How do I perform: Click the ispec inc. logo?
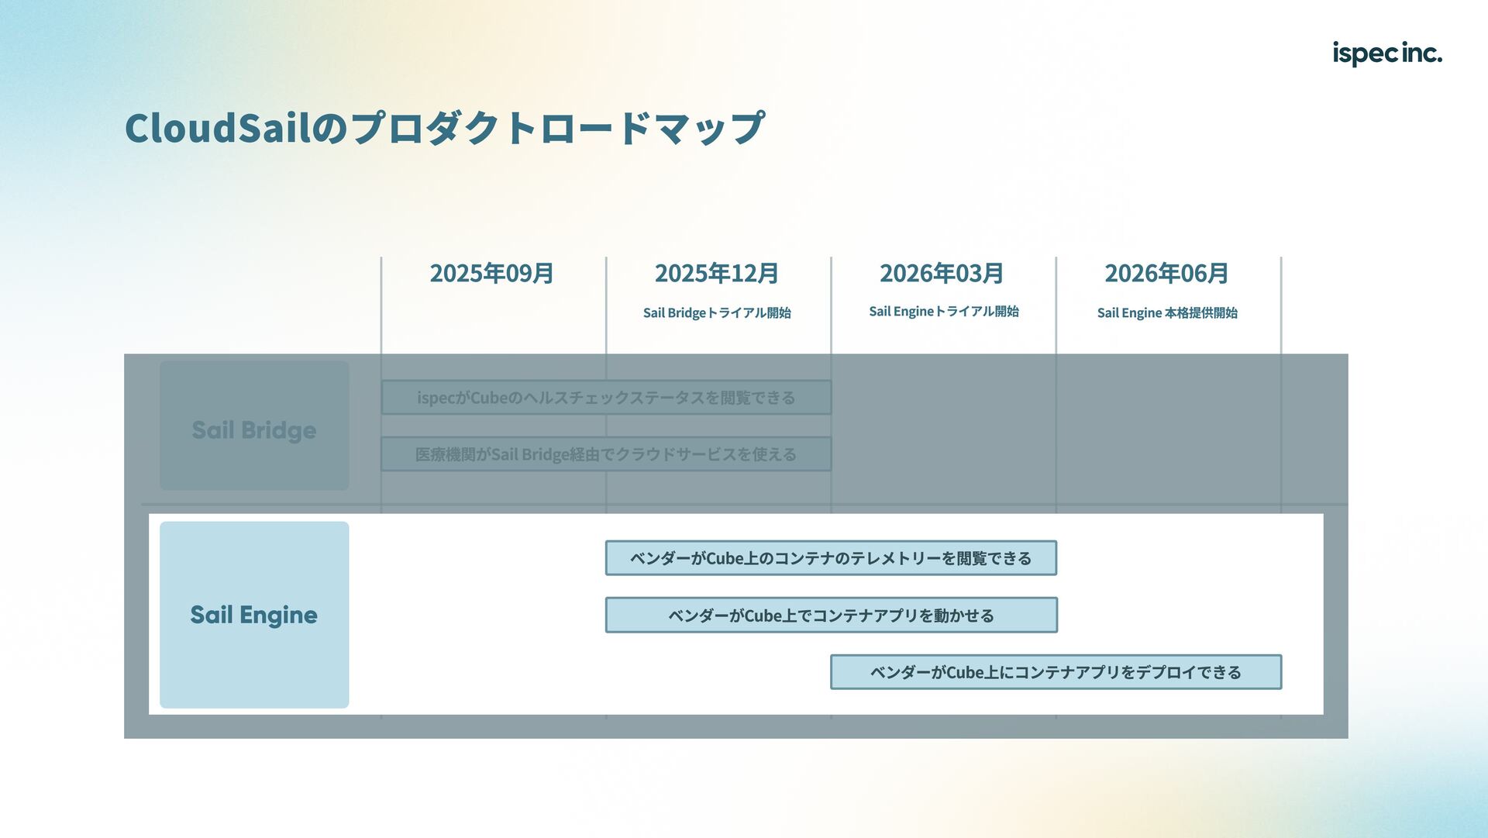pyautogui.click(x=1386, y=53)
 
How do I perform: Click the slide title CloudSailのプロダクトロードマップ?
pyautogui.click(x=445, y=128)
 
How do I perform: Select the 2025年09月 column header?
pyautogui.click(x=491, y=274)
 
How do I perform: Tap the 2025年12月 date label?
pyautogui.click(x=717, y=274)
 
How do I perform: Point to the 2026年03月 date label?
pyautogui.click(x=942, y=274)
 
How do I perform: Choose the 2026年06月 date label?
pyautogui.click(x=1166, y=274)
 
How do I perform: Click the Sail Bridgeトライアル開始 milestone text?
pyautogui.click(x=717, y=313)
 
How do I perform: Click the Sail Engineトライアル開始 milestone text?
pyautogui.click(x=943, y=312)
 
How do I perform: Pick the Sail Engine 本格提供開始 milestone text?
pyautogui.click(x=1167, y=313)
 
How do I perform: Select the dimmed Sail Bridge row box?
pyautogui.click(x=254, y=426)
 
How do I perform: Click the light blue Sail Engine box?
pyautogui.click(x=254, y=615)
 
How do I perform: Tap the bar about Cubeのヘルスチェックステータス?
pyautogui.click(x=606, y=398)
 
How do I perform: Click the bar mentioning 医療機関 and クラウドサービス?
pyautogui.click(x=606, y=454)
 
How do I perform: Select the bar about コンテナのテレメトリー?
pyautogui.click(x=831, y=558)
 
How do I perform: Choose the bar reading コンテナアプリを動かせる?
pyautogui.click(x=831, y=616)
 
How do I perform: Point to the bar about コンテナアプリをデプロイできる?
pyautogui.click(x=1056, y=672)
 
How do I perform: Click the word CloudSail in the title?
pyautogui.click(x=218, y=128)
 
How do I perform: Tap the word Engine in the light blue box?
pyautogui.click(x=278, y=616)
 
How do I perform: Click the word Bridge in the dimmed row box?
pyautogui.click(x=278, y=430)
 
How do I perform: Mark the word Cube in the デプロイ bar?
pyautogui.click(x=965, y=673)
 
